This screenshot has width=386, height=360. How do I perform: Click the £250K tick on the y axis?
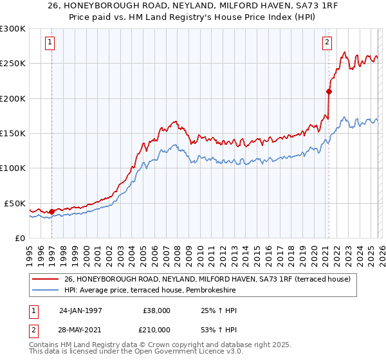pyautogui.click(x=14, y=64)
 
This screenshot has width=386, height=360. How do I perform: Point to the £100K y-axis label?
pyautogui.click(x=14, y=168)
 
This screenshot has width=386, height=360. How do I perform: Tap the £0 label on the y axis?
pyautogui.click(x=19, y=238)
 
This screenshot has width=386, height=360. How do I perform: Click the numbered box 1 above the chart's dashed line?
pyautogui.click(x=50, y=43)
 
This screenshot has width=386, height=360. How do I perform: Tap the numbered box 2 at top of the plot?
pyautogui.click(x=327, y=43)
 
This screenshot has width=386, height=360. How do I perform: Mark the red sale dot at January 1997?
pyautogui.click(x=51, y=211)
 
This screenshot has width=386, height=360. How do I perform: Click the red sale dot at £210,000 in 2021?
pyautogui.click(x=328, y=91)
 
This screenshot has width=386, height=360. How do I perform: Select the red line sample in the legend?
pyautogui.click(x=45, y=280)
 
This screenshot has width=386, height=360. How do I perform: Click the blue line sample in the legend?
pyautogui.click(x=45, y=291)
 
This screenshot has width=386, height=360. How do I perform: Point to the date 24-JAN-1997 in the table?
pyautogui.click(x=80, y=310)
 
